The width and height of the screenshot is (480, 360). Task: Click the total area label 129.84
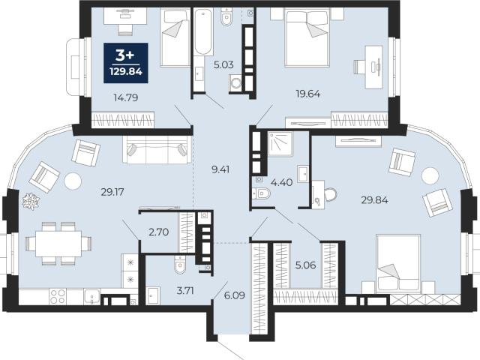click(126, 72)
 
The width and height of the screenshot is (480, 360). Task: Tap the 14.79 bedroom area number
click(126, 97)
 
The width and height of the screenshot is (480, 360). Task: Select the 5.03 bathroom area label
click(223, 65)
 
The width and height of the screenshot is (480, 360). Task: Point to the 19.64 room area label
click(308, 94)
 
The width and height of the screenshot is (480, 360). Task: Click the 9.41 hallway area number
click(220, 169)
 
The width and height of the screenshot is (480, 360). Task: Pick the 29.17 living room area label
click(112, 192)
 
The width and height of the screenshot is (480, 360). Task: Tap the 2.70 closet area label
click(158, 232)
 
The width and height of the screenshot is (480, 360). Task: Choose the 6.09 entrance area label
click(235, 295)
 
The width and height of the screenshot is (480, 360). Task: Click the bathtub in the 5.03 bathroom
click(203, 32)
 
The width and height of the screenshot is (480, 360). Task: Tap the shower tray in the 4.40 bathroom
click(280, 143)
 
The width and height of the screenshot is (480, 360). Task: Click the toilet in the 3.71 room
click(180, 265)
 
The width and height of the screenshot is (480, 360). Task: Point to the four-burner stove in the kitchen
click(58, 297)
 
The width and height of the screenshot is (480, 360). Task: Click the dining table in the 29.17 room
click(58, 244)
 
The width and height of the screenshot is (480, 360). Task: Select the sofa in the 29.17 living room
click(157, 150)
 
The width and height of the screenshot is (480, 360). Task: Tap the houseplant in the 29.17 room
click(31, 202)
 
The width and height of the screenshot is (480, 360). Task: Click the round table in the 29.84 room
click(430, 175)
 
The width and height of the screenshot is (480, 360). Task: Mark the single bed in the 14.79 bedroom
click(175, 37)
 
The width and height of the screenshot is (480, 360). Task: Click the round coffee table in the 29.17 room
click(73, 181)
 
